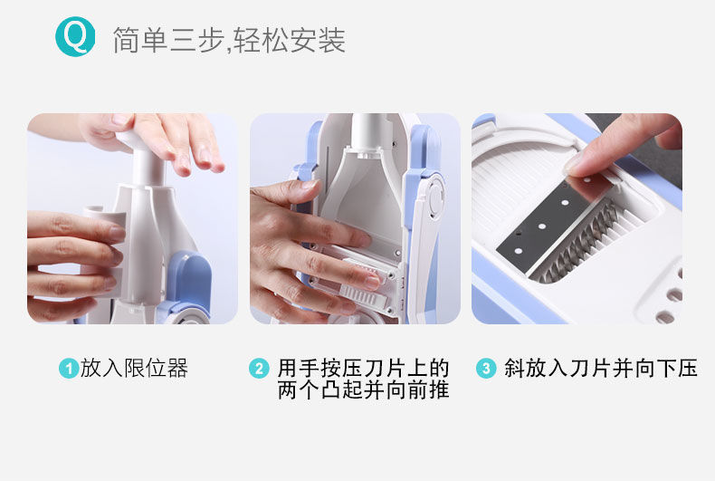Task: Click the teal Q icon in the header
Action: [x=75, y=36]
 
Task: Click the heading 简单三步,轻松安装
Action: [x=229, y=40]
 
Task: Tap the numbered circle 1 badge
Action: [x=69, y=369]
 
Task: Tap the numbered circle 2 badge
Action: [x=259, y=369]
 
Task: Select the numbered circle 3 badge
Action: [x=486, y=369]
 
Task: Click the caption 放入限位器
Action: [x=134, y=368]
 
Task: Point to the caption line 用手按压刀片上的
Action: [x=364, y=368]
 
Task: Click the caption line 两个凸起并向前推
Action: [x=364, y=390]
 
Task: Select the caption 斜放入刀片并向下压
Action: [x=601, y=368]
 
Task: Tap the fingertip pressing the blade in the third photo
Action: [x=579, y=165]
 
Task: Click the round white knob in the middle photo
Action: [x=436, y=197]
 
